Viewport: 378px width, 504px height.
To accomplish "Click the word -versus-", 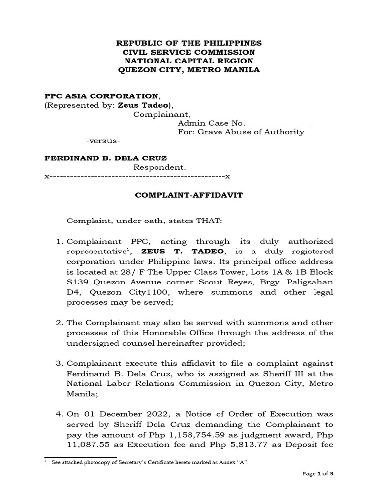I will pos(103,141).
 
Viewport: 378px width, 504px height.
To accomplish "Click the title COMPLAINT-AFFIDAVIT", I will pos(189,195).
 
